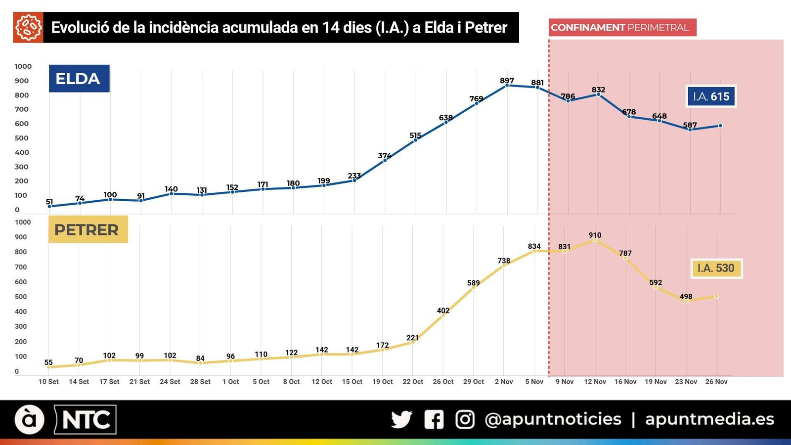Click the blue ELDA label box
pyautogui.click(x=79, y=79)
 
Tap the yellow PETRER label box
pyautogui.click(x=87, y=229)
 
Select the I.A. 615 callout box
pyautogui.click(x=711, y=96)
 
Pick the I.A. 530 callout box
pyautogui.click(x=716, y=268)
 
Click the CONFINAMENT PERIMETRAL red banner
pyautogui.click(x=622, y=28)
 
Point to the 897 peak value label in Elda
pyautogui.click(x=507, y=81)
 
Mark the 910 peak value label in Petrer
pyautogui.click(x=595, y=235)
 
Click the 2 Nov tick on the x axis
pyautogui.click(x=504, y=382)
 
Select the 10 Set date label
pyautogui.click(x=48, y=382)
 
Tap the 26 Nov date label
pyautogui.click(x=716, y=382)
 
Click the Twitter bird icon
pyautogui.click(x=401, y=420)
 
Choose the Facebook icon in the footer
pyautogui.click(x=434, y=420)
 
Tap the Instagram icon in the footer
pyautogui.click(x=465, y=420)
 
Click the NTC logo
pyautogui.click(x=86, y=420)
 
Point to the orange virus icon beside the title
pyautogui.click(x=28, y=28)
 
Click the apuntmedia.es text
pyautogui.click(x=709, y=419)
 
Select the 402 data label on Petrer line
pyautogui.click(x=443, y=311)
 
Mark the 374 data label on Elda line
pyautogui.click(x=385, y=156)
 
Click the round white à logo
pyautogui.click(x=30, y=420)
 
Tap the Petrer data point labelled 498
pyautogui.click(x=686, y=301)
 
